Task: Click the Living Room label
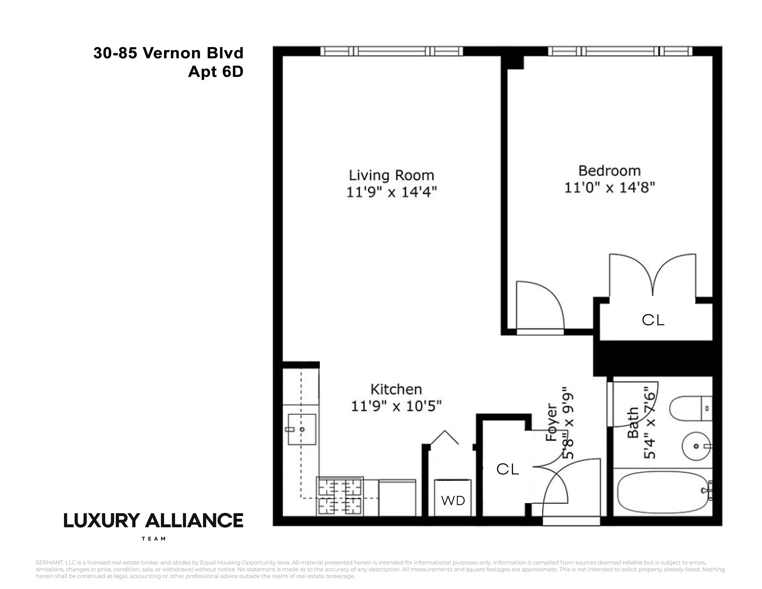pos(391,175)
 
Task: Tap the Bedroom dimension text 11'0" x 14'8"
pos(610,188)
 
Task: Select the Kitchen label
pos(396,389)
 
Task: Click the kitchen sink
pos(302,429)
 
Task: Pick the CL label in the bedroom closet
pos(653,320)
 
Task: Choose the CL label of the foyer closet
pos(508,469)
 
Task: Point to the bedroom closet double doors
pos(653,276)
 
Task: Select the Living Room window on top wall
pos(391,51)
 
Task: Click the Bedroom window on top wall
pos(620,51)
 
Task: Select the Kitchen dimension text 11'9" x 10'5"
pos(396,406)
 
